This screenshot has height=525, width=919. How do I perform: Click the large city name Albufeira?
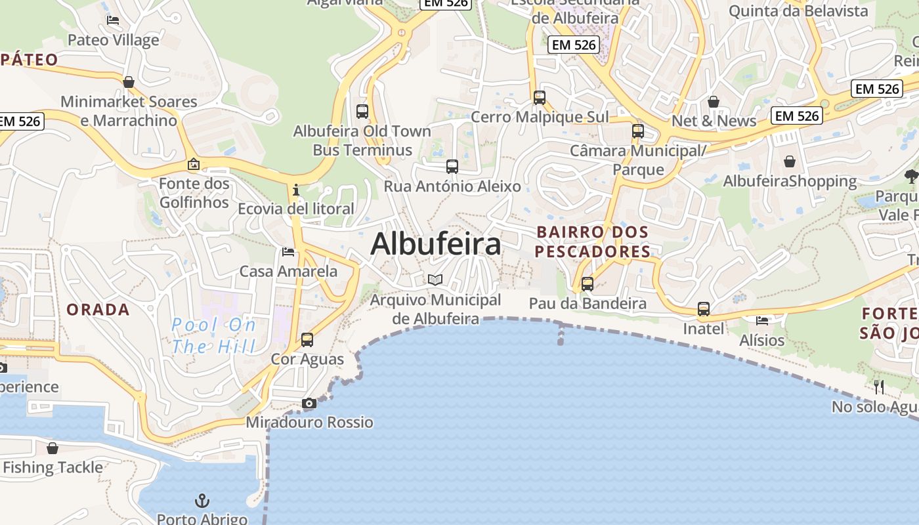coord(436,244)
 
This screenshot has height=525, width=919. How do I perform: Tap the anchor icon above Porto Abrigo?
coord(203,501)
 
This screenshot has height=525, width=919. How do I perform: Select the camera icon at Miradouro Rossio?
coord(309,403)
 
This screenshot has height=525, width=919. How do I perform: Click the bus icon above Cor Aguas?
coord(307,340)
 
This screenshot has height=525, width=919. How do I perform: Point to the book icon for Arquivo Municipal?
coord(435,280)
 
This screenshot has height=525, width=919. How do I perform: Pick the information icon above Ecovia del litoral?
coord(296,190)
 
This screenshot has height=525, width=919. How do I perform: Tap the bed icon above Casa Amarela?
coord(288,252)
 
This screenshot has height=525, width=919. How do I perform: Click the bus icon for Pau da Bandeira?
coord(588,284)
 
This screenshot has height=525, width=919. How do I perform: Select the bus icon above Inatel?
coord(704,309)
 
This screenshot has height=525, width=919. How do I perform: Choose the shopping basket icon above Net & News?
coord(714,102)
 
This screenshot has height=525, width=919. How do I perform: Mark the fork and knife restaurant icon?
coord(880,387)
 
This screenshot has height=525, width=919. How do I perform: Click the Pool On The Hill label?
coord(213,335)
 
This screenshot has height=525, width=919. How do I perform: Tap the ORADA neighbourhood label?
coord(98,310)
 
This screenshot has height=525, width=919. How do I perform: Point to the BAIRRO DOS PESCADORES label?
coord(592,241)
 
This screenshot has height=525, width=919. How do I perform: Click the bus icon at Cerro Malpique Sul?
coord(540,98)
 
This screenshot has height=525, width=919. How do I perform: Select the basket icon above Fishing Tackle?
coord(53,448)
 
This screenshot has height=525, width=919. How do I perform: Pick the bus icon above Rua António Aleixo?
coord(452,167)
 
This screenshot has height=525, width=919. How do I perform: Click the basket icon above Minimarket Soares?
coord(129,82)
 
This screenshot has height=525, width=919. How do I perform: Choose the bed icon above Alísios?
coord(762,321)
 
